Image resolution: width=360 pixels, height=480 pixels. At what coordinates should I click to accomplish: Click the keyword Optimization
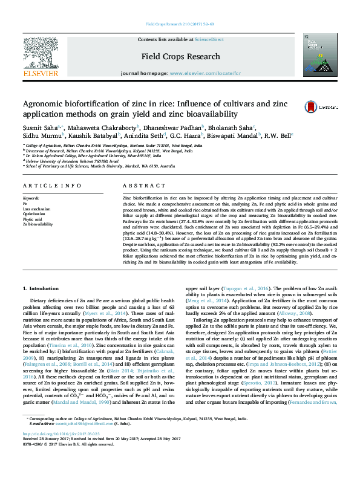point(33,214)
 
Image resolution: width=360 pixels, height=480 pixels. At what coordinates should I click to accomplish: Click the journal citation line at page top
point(180,24)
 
